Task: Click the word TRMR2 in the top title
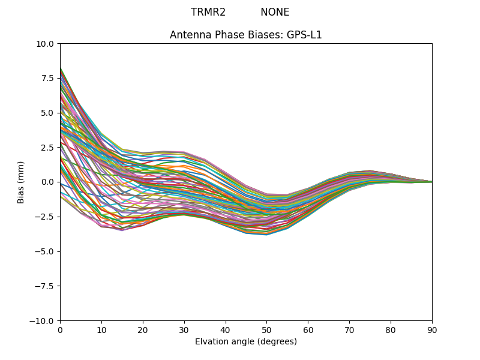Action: click(208, 12)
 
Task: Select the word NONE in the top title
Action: click(275, 12)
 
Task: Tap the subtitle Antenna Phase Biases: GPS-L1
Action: click(246, 35)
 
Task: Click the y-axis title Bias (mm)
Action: click(21, 182)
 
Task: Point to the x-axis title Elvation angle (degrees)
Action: click(246, 341)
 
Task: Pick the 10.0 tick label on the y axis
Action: click(46, 44)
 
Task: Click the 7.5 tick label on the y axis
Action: click(48, 78)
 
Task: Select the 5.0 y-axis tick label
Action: click(48, 113)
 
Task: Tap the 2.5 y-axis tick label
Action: click(48, 148)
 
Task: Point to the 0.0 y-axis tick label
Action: click(48, 182)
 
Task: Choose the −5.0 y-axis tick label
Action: click(45, 251)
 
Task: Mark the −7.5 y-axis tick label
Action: click(45, 286)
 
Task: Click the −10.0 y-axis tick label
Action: click(43, 321)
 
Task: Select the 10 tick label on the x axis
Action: click(101, 329)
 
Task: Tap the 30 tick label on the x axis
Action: click(184, 329)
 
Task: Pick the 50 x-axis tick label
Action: click(266, 329)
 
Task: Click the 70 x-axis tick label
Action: click(349, 329)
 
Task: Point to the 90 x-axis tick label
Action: click(432, 329)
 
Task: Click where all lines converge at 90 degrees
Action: click(431, 182)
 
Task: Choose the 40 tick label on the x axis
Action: click(226, 329)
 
